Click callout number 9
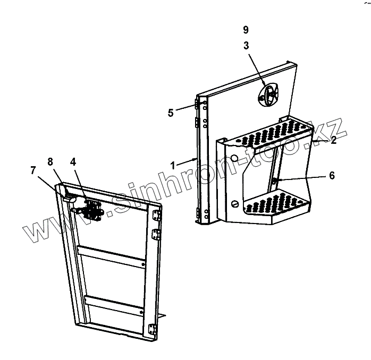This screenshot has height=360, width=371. [246, 30]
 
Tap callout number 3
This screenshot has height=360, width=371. [246, 46]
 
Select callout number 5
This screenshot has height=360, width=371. [171, 112]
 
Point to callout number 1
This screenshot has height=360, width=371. [173, 165]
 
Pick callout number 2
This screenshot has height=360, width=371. [333, 140]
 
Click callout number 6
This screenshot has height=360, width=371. [331, 176]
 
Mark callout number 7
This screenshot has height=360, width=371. [33, 170]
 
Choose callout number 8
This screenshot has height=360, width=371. [50, 162]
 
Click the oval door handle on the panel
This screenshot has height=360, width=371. [271, 96]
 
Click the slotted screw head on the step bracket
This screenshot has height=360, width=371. [234, 203]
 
